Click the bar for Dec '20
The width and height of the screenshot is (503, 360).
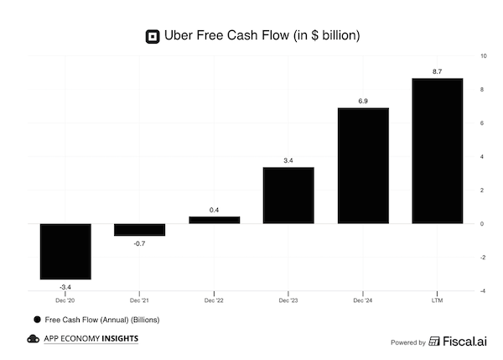(65, 251)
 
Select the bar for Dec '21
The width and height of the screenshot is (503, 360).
(139, 229)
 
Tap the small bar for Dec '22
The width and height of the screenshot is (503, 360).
(214, 220)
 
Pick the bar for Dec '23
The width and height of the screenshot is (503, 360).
(288, 196)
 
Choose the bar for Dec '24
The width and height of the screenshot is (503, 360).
(363, 165)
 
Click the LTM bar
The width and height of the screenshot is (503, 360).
(438, 151)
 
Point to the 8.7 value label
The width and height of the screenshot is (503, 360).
(438, 72)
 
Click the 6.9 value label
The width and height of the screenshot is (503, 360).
(363, 102)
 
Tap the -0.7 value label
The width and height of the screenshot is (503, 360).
(139, 243)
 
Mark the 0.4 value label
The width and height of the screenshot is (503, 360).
(214, 211)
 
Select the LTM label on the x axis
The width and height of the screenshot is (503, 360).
(438, 300)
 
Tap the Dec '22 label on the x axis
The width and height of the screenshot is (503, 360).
(214, 300)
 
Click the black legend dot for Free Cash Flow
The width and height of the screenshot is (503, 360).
(36, 320)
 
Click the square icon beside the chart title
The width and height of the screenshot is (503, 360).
(152, 35)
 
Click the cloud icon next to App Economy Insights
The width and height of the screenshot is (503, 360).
(33, 339)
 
